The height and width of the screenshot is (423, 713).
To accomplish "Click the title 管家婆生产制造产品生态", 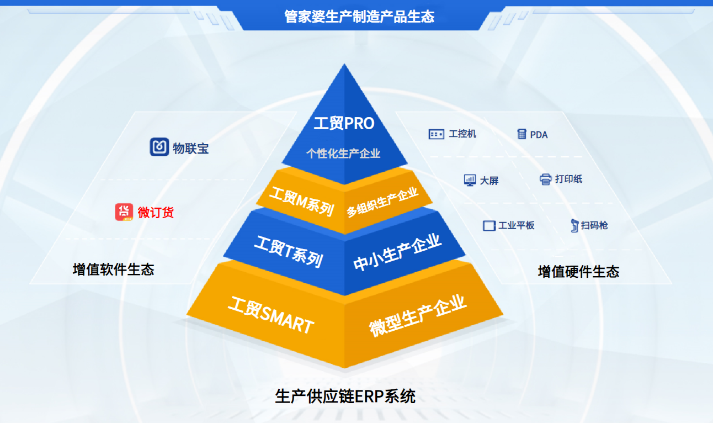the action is tap(359, 17).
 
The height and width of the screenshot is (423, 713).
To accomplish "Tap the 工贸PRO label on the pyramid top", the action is tap(344, 123).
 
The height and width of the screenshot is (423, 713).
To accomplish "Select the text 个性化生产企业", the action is tap(343, 154).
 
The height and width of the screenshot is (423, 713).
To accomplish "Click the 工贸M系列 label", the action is tap(301, 202).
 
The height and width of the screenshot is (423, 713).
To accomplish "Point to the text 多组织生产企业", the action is tap(382, 202).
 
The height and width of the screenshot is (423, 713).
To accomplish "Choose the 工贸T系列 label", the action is tap(289, 252).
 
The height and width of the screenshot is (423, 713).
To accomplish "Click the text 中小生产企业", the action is tap(397, 252).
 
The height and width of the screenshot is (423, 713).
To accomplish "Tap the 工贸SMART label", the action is tap(271, 315).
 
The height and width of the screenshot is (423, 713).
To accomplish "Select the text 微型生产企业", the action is tap(418, 316).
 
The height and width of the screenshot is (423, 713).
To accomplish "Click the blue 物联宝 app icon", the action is tap(159, 147).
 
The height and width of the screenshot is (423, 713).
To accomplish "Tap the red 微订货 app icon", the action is tap(124, 212).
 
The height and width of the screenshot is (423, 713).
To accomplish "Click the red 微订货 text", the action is tap(156, 213).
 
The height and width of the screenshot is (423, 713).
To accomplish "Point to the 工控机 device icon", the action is tap(437, 134).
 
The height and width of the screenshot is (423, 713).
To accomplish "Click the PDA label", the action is tap(539, 135).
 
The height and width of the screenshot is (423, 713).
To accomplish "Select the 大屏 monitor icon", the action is tap(470, 180).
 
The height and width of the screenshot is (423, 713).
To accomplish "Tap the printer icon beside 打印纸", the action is tap(546, 179).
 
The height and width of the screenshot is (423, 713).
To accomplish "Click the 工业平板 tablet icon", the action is tap(489, 226).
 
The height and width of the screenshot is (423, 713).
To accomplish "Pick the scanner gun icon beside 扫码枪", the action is tap(574, 226).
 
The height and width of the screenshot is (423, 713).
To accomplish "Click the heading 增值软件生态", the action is tap(113, 269).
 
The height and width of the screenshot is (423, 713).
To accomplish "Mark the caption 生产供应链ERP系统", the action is tap(345, 396).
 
